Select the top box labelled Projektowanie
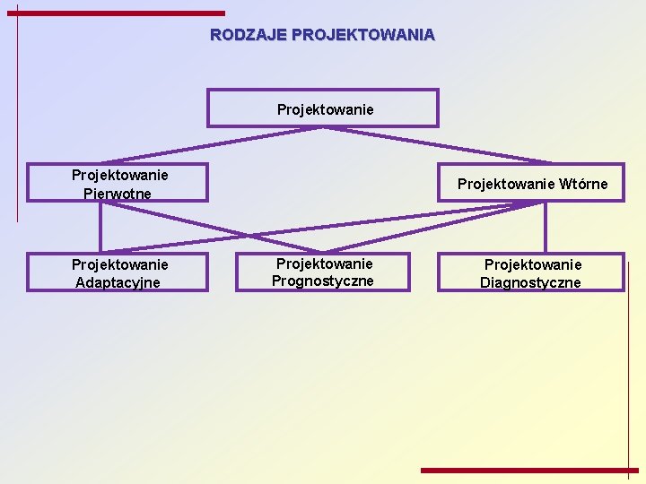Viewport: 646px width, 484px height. point(323,108)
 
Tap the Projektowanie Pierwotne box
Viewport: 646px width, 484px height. point(118,183)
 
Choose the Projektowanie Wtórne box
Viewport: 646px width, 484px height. point(531,183)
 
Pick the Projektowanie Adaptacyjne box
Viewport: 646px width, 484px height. point(118,272)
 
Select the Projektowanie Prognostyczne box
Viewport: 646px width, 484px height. point(323,272)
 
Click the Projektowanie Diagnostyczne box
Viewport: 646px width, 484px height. point(531,272)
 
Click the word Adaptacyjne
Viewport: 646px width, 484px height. point(118,283)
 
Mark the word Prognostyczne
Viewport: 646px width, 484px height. point(323,281)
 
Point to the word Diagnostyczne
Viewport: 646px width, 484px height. point(531,283)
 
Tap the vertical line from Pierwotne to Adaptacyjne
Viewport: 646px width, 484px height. point(100,227)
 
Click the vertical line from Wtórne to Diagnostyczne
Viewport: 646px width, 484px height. point(545,227)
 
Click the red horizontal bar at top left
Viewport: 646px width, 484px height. point(121,13)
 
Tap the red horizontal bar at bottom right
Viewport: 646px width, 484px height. point(529,470)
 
